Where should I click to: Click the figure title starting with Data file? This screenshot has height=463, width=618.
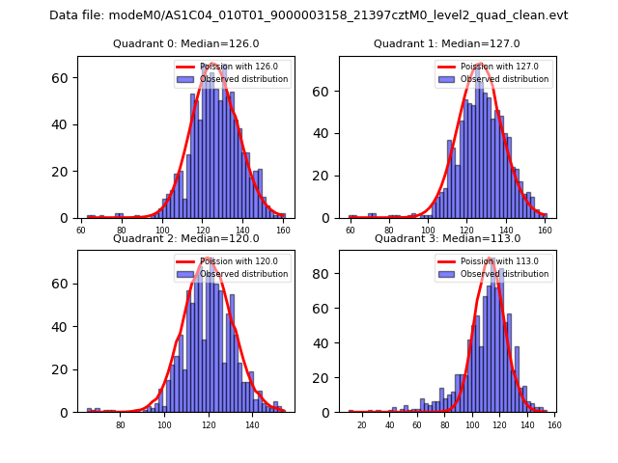[x=309, y=15]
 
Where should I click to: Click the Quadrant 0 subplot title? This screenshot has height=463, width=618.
[x=186, y=43]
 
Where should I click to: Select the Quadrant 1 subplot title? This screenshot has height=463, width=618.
[x=447, y=43]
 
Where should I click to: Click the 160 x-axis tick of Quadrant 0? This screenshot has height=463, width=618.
[x=283, y=231]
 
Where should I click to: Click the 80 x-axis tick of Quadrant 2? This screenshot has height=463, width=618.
[x=121, y=424]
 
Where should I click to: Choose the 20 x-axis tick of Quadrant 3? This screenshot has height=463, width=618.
[x=362, y=424]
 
